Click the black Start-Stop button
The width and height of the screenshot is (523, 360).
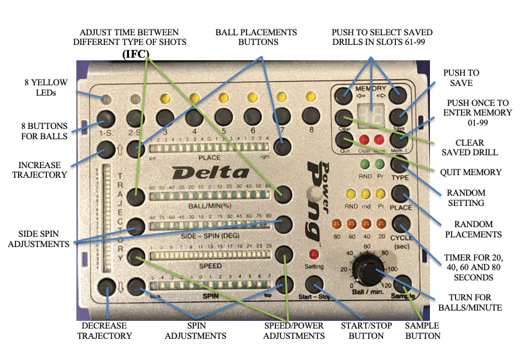click(314, 285)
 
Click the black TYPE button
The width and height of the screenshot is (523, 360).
click(400, 167)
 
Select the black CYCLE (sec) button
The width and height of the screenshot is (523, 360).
click(402, 225)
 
